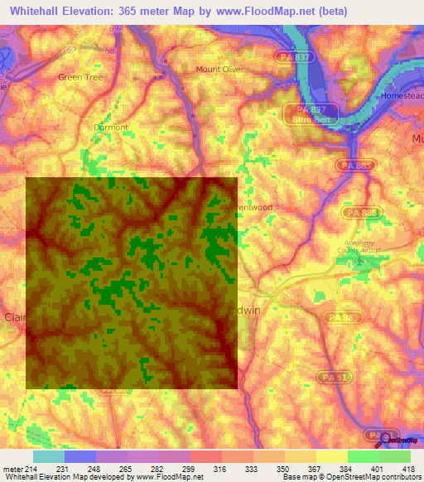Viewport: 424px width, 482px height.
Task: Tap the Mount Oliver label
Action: coord(219,70)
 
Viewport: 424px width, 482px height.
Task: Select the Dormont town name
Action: coord(111,128)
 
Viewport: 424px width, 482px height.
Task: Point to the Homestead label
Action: coord(401,96)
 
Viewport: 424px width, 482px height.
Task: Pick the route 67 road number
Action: coord(71,50)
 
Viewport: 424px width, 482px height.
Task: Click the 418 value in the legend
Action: coord(409,469)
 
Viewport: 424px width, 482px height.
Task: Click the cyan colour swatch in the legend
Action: coord(48,456)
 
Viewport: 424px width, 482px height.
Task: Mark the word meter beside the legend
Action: coord(12,469)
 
